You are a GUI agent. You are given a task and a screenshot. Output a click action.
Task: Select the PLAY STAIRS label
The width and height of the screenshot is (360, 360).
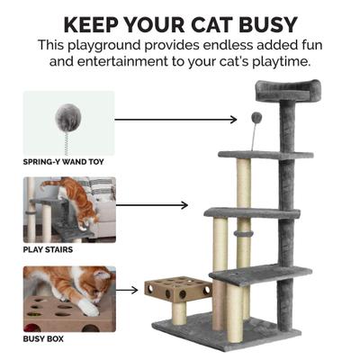coord(49,249)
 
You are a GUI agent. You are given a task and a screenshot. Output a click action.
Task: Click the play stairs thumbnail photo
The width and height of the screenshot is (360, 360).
coord(69,210)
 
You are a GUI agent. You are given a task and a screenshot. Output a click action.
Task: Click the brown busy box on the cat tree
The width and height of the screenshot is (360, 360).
coord(177,291)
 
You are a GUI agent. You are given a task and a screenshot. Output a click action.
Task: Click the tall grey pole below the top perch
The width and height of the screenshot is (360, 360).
coord(285,180)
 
